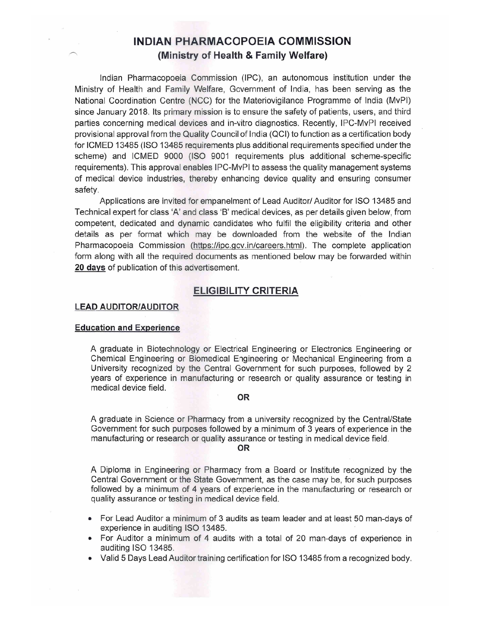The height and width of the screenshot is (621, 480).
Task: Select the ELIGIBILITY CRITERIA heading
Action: pyautogui.click(x=245, y=291)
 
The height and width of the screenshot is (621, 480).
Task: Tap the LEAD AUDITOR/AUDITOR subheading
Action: pyautogui.click(x=127, y=307)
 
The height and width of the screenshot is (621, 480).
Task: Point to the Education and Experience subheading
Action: pyautogui.click(x=128, y=327)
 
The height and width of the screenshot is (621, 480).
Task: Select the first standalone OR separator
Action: pyautogui.click(x=244, y=397)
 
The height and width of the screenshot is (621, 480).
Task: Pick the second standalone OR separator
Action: pyautogui.click(x=244, y=448)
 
